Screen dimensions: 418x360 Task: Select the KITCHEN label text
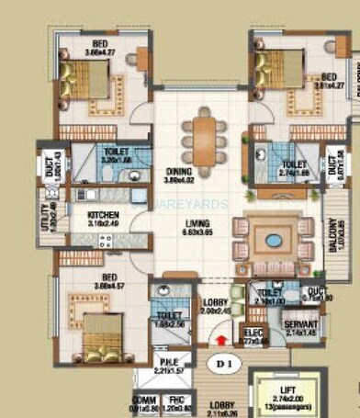(x=103, y=216)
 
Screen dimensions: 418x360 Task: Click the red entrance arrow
(x=220, y=340)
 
